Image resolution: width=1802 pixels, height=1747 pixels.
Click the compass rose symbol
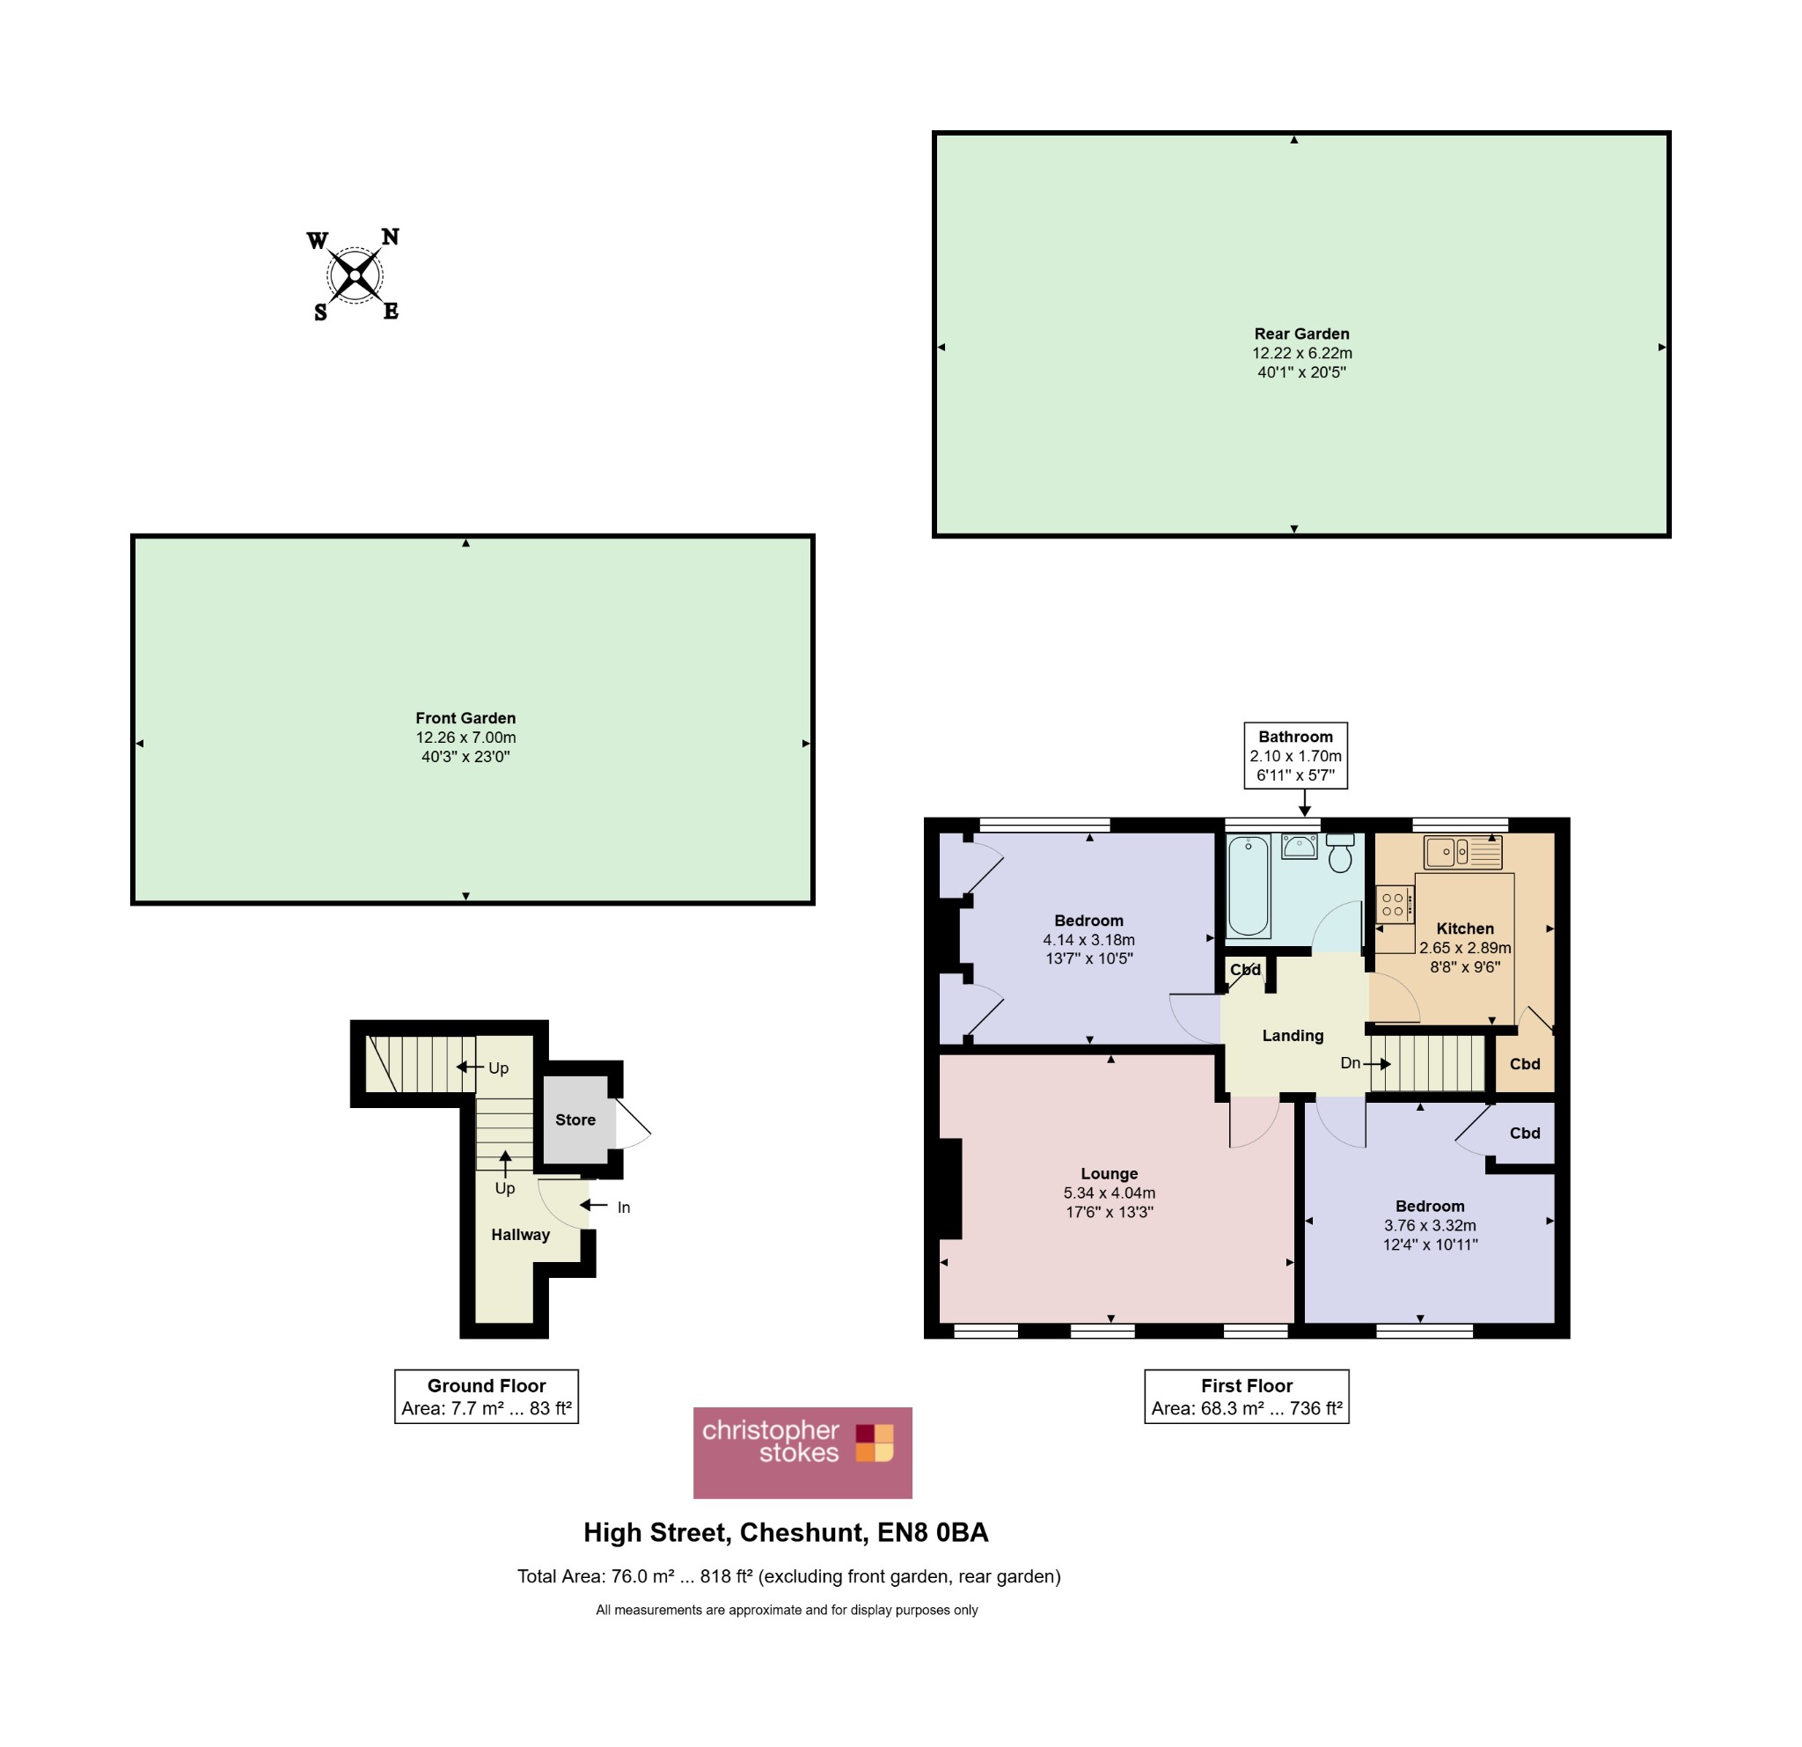click(355, 275)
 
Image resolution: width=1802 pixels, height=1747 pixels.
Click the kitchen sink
click(1461, 851)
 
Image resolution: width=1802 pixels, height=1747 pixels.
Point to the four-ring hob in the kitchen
click(1394, 904)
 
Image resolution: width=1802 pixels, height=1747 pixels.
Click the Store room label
click(575, 1119)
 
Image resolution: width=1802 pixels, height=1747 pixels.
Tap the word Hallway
click(520, 1235)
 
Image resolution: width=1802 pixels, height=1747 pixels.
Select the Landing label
click(1293, 1035)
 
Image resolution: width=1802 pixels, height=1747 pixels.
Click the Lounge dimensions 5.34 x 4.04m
click(1110, 1193)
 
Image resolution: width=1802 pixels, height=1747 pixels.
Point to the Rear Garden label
click(1302, 334)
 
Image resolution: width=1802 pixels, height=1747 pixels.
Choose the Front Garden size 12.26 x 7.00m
click(466, 738)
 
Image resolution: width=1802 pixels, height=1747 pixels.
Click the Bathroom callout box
click(1295, 756)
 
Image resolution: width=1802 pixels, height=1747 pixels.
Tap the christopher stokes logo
click(802, 1453)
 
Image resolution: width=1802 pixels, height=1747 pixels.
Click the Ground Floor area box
click(487, 1397)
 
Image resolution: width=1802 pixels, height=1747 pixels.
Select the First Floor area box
click(1247, 1397)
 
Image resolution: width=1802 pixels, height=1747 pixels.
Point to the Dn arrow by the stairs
click(1377, 1064)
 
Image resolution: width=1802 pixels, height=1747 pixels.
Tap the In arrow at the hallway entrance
click(594, 1206)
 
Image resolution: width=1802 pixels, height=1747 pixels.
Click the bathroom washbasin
click(1299, 846)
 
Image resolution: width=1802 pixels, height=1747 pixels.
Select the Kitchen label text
click(1466, 929)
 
